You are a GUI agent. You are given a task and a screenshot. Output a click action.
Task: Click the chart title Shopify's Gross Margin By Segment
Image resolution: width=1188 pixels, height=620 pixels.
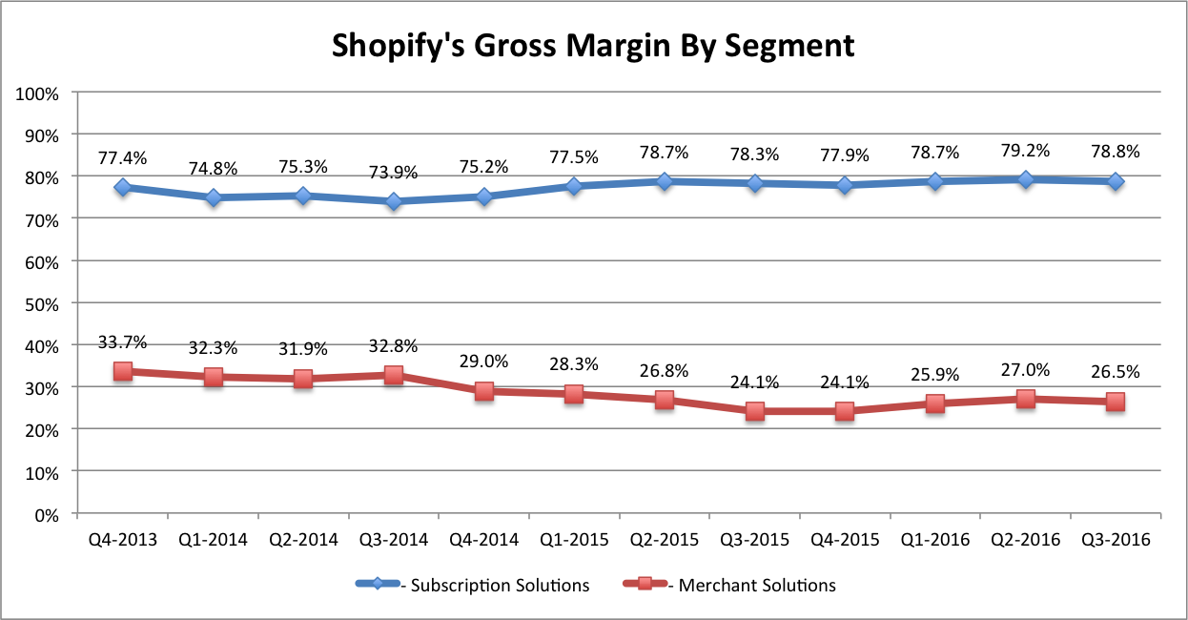[x=593, y=46]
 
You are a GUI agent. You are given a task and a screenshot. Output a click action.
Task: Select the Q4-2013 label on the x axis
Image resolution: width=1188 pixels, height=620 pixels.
[x=122, y=540]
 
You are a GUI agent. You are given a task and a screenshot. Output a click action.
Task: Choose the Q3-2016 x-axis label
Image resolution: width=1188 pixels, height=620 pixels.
[x=1115, y=540]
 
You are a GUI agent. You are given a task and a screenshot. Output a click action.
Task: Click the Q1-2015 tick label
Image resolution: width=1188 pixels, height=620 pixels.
[x=573, y=540]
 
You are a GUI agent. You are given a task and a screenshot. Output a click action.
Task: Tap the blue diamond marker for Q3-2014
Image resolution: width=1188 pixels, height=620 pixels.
[x=394, y=201]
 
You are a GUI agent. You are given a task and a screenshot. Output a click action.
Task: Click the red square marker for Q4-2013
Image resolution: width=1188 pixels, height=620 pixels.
[x=123, y=372]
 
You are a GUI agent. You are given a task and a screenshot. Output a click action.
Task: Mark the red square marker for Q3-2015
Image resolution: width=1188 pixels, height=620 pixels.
[x=755, y=412]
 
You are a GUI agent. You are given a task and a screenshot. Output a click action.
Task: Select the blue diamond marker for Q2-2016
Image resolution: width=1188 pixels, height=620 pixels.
[x=1026, y=179]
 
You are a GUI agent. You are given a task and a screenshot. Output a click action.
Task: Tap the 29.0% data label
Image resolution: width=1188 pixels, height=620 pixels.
[x=483, y=362]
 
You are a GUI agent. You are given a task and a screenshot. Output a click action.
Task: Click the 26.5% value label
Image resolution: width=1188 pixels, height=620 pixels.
[x=1116, y=372]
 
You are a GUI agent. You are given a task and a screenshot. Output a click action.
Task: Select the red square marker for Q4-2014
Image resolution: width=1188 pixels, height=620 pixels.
[x=484, y=391]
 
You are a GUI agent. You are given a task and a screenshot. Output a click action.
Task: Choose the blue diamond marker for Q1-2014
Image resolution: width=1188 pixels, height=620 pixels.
[x=214, y=197]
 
